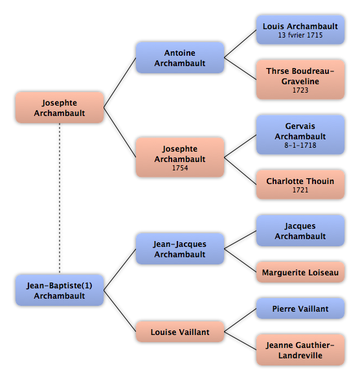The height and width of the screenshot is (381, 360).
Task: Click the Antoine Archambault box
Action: click(x=180, y=58)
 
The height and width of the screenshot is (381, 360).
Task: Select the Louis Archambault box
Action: click(x=300, y=30)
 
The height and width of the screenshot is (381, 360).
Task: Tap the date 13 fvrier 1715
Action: click(x=300, y=35)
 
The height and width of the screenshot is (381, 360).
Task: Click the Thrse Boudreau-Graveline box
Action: click(x=300, y=80)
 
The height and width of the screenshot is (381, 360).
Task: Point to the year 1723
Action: click(x=300, y=90)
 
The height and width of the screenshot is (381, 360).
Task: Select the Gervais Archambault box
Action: click(x=300, y=135)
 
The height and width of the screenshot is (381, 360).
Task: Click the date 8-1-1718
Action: click(x=300, y=145)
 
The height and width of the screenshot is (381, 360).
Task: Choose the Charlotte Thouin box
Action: click(x=300, y=185)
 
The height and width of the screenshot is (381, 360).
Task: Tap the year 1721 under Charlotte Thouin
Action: click(x=300, y=190)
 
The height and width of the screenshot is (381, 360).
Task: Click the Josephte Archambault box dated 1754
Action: click(x=180, y=157)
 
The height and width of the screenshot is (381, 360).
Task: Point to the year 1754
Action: click(x=180, y=168)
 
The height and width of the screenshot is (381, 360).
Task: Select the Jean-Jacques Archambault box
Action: click(x=180, y=249)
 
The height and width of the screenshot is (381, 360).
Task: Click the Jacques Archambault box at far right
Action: click(x=300, y=231)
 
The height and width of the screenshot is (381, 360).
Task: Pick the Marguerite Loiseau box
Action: click(x=300, y=272)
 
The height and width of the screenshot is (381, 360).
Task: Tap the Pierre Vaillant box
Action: click(x=300, y=308)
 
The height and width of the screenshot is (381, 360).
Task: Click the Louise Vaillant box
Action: click(x=180, y=332)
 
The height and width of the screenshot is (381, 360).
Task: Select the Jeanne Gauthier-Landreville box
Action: click(x=300, y=350)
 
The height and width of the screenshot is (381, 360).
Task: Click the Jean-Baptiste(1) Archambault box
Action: click(x=60, y=290)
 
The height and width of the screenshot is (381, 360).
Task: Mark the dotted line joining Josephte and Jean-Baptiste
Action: click(x=60, y=198)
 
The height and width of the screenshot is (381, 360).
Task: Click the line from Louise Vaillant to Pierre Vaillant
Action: click(x=240, y=320)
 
